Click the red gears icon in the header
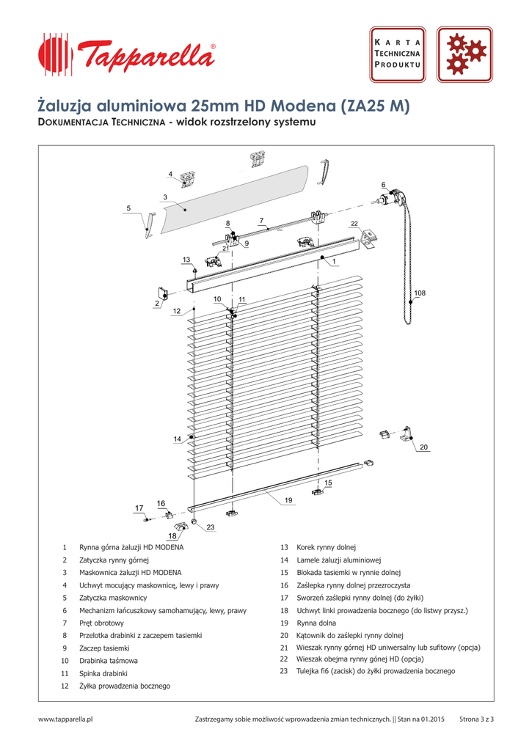click(464, 54)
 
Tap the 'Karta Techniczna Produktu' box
click(397, 54)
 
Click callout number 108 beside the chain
click(419, 293)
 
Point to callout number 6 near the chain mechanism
click(383, 184)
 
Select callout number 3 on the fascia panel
click(165, 197)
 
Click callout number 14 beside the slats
click(177, 439)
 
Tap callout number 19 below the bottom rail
click(288, 500)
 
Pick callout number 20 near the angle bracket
click(423, 447)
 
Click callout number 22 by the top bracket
click(354, 223)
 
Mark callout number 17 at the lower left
click(139, 508)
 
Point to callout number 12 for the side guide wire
click(176, 311)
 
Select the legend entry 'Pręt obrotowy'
click(102, 623)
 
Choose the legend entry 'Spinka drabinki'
click(103, 673)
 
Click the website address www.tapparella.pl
click(65, 719)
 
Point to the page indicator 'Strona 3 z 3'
click(476, 719)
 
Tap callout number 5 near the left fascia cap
click(128, 208)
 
